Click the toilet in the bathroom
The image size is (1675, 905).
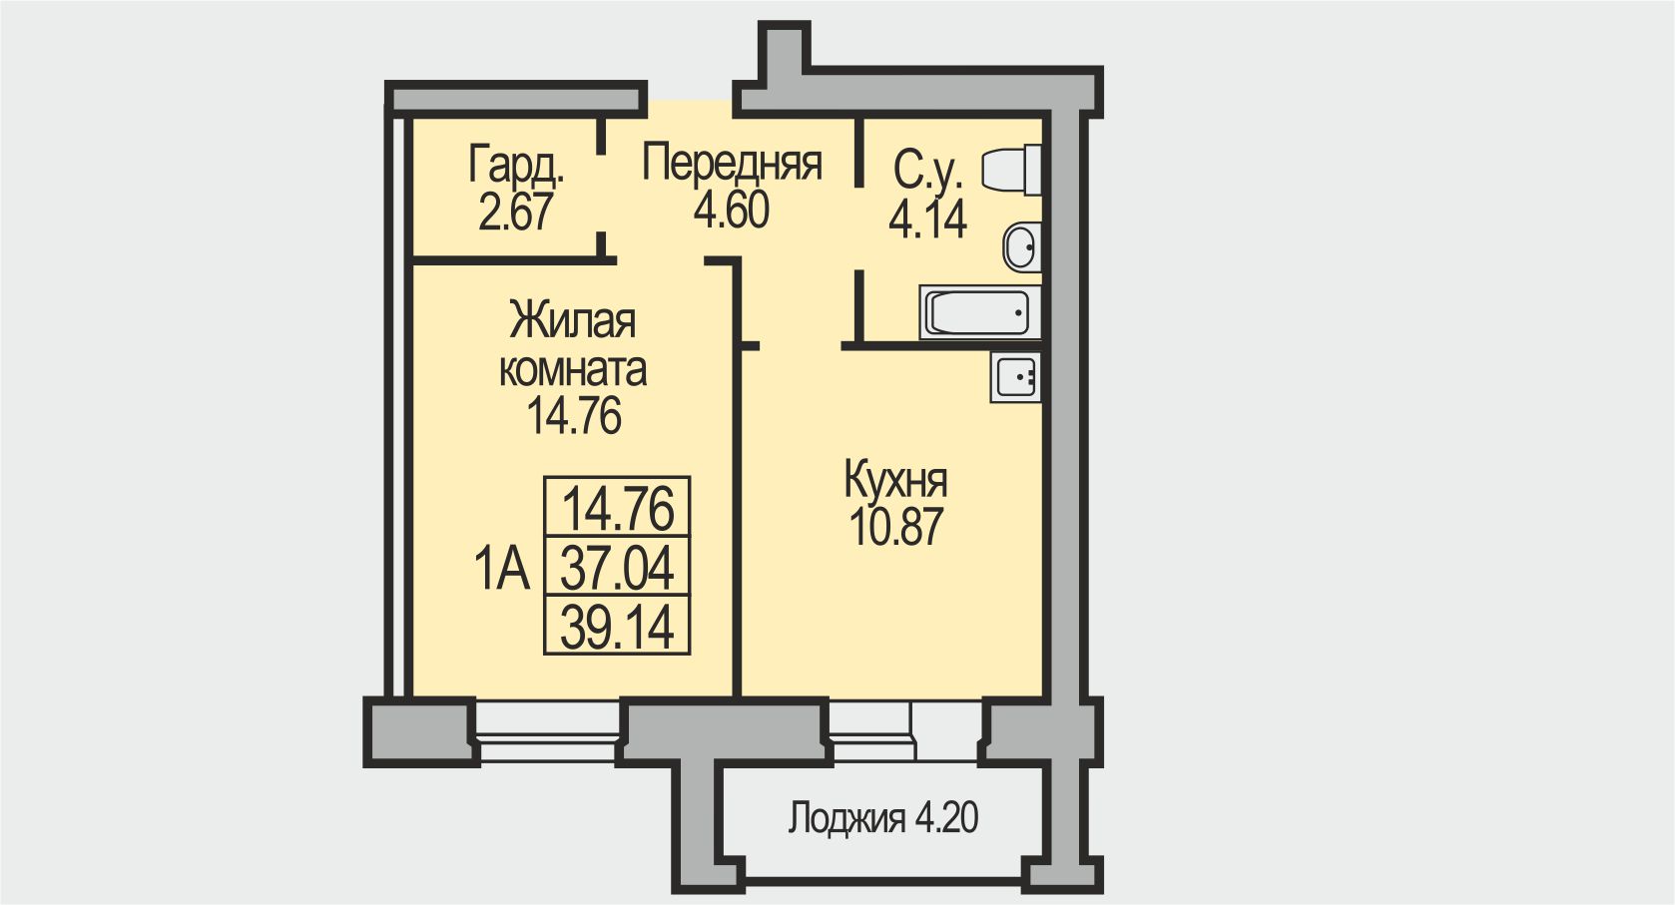click(1011, 170)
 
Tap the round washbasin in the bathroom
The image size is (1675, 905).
click(1021, 246)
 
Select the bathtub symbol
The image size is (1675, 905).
click(979, 313)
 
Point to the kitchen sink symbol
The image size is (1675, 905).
click(1016, 377)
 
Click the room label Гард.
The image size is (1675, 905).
click(516, 166)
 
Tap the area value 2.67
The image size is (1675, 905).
click(515, 213)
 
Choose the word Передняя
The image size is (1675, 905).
click(732, 163)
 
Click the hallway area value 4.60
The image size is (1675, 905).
click(732, 211)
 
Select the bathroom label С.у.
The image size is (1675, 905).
click(927, 171)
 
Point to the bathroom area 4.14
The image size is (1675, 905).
click(927, 219)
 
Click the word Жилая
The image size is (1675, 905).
click(572, 321)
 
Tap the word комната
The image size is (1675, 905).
click(572, 370)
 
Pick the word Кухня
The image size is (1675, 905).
click(895, 480)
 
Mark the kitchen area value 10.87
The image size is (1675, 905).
click(895, 527)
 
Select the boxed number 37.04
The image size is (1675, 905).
click(617, 569)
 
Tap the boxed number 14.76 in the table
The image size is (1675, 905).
click(618, 509)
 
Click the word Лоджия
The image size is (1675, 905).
click(846, 818)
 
